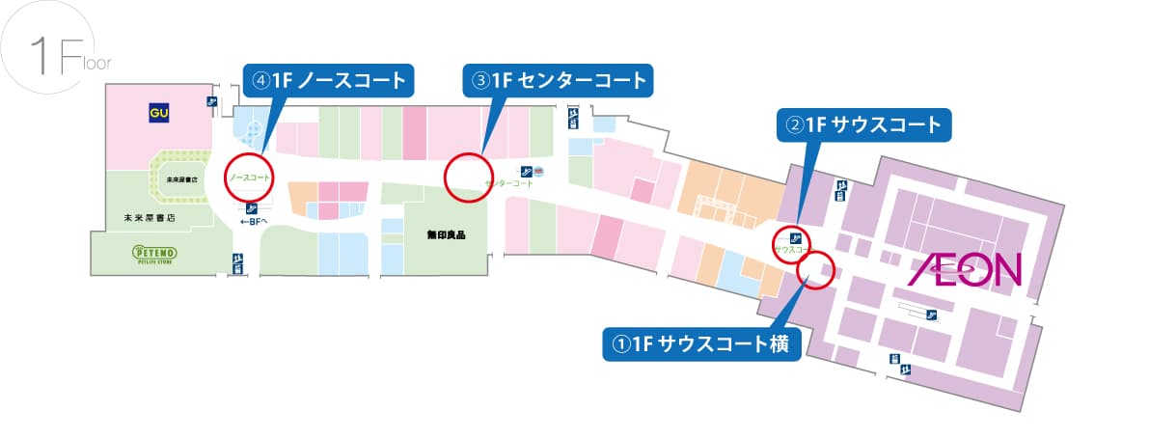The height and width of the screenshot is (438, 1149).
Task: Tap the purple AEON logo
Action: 964,270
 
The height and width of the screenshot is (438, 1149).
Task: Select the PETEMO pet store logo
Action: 154,253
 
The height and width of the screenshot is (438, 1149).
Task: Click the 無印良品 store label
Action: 446,233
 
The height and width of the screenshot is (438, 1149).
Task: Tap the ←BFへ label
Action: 253,221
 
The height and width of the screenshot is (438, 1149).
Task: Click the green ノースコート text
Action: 249,179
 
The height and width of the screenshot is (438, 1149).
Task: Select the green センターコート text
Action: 510,183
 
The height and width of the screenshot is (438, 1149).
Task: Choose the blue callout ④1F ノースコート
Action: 328,80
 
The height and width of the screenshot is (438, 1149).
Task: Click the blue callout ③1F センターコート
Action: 558,79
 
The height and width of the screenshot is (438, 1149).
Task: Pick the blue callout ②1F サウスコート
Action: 864,124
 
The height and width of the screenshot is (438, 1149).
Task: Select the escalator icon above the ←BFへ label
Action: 252,206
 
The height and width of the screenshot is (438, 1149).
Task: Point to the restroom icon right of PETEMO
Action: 236,262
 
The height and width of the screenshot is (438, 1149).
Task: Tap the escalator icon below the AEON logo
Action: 932,315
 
